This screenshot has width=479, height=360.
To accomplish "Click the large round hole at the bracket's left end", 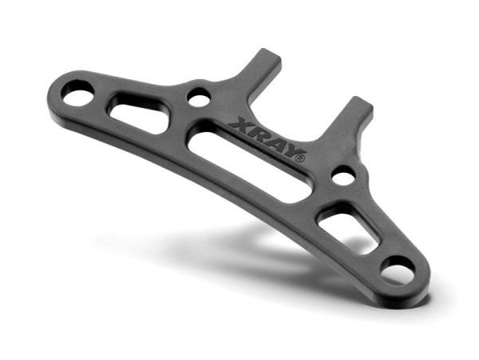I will pos(78,98).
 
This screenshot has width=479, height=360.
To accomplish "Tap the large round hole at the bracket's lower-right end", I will pos(397,270).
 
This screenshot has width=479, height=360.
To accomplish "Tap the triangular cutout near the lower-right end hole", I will pos(346,229).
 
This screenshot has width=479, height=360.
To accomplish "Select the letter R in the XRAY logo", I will pos(257,133).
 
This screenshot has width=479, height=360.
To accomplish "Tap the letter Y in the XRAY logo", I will pos(289,149).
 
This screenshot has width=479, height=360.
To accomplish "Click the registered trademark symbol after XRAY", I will pos(300,158).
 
